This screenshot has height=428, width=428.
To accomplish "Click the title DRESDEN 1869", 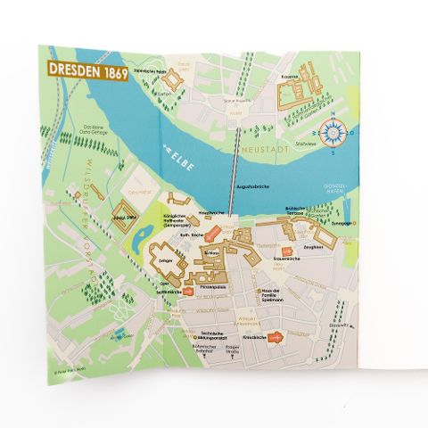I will coord(86,70).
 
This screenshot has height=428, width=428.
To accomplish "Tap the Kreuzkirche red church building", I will coord(277,337).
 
